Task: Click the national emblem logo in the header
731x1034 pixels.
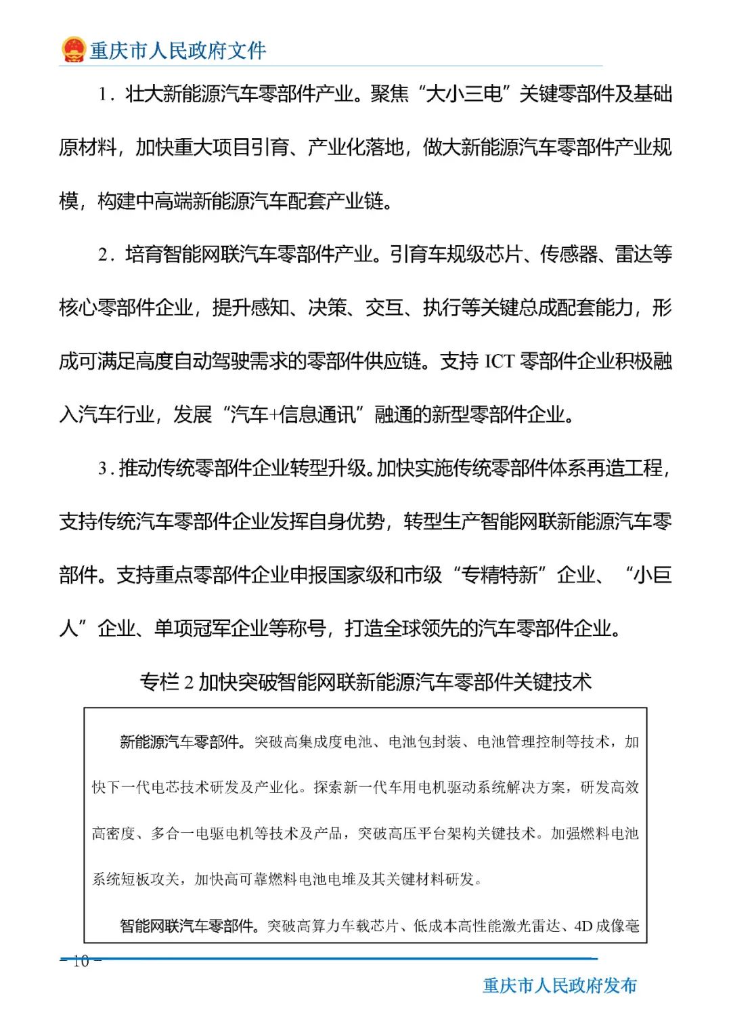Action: point(73,49)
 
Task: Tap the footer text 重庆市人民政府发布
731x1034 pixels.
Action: point(560,985)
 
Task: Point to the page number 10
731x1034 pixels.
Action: point(81,961)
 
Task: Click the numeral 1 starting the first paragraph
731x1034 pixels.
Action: point(102,94)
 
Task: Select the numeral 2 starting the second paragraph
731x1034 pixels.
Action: point(102,255)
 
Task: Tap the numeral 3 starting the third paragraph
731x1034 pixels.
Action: point(102,469)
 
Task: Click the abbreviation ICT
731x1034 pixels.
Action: point(500,362)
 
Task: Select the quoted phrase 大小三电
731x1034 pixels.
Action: point(464,93)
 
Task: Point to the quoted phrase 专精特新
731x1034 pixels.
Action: point(500,575)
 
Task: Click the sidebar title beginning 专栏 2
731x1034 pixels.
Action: point(365,681)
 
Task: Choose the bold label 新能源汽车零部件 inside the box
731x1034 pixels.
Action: point(179,742)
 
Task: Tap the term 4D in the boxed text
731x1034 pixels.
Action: point(583,926)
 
